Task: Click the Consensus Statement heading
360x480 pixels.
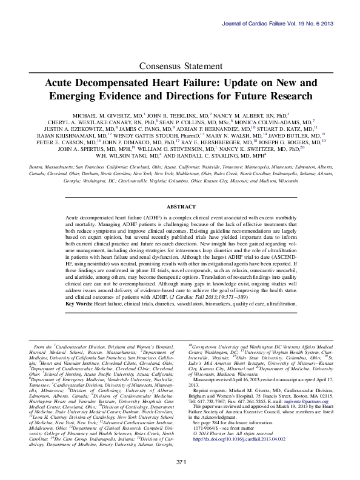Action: click(x=179, y=65)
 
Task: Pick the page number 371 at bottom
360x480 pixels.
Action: click(x=180, y=463)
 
